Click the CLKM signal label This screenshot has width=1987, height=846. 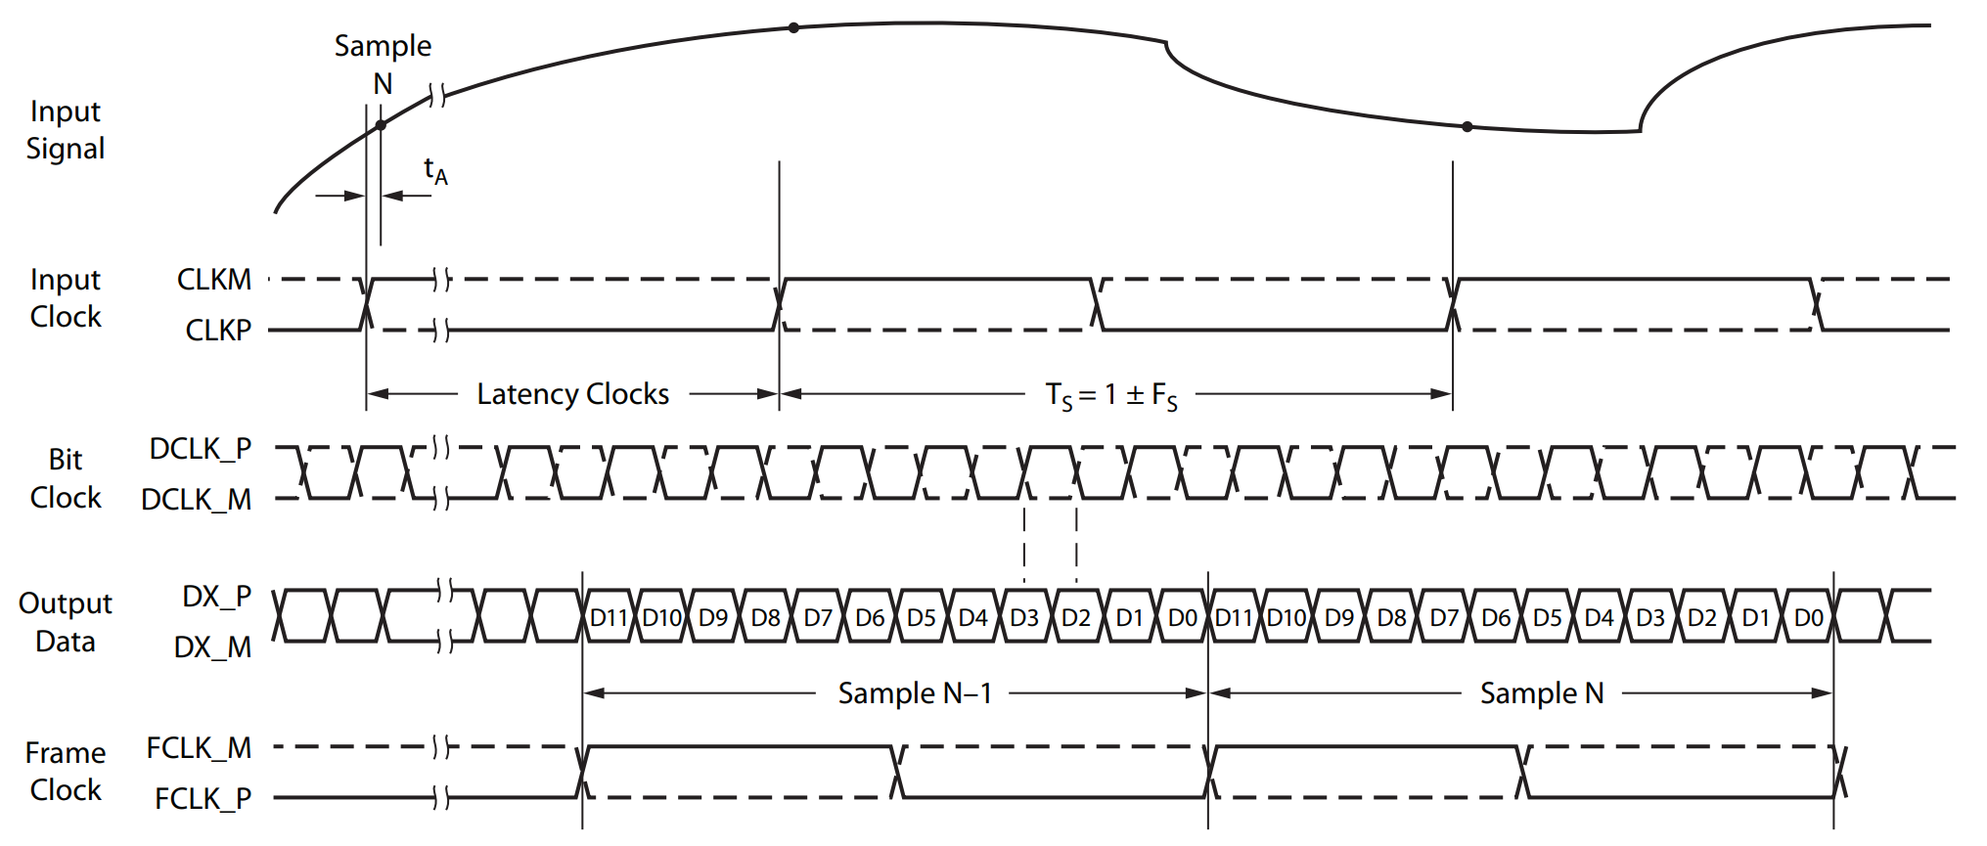(x=213, y=280)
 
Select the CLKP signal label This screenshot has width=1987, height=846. (x=218, y=331)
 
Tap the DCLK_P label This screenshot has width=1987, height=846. (x=200, y=449)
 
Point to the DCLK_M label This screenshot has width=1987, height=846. (x=196, y=500)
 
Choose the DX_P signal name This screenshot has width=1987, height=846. (x=216, y=597)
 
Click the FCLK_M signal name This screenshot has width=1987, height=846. (x=199, y=748)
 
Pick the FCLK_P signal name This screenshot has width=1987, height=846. (x=203, y=799)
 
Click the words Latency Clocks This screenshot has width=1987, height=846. (x=572, y=394)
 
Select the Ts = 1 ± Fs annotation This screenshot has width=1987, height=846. (x=1111, y=395)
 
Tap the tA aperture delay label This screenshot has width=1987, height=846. (x=435, y=170)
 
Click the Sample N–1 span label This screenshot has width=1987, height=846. (x=915, y=693)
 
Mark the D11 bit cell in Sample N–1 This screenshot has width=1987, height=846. (x=608, y=618)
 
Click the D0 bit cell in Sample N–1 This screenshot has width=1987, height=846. (x=1182, y=618)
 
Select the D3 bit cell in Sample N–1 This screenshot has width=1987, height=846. (x=1024, y=618)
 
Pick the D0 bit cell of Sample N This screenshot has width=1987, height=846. (x=1808, y=618)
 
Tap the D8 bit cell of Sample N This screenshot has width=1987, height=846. (x=1391, y=618)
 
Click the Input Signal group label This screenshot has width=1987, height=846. (x=65, y=130)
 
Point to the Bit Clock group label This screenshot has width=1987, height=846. (x=65, y=478)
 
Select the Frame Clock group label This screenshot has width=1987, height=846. (x=65, y=772)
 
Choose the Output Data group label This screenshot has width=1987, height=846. (x=65, y=622)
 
